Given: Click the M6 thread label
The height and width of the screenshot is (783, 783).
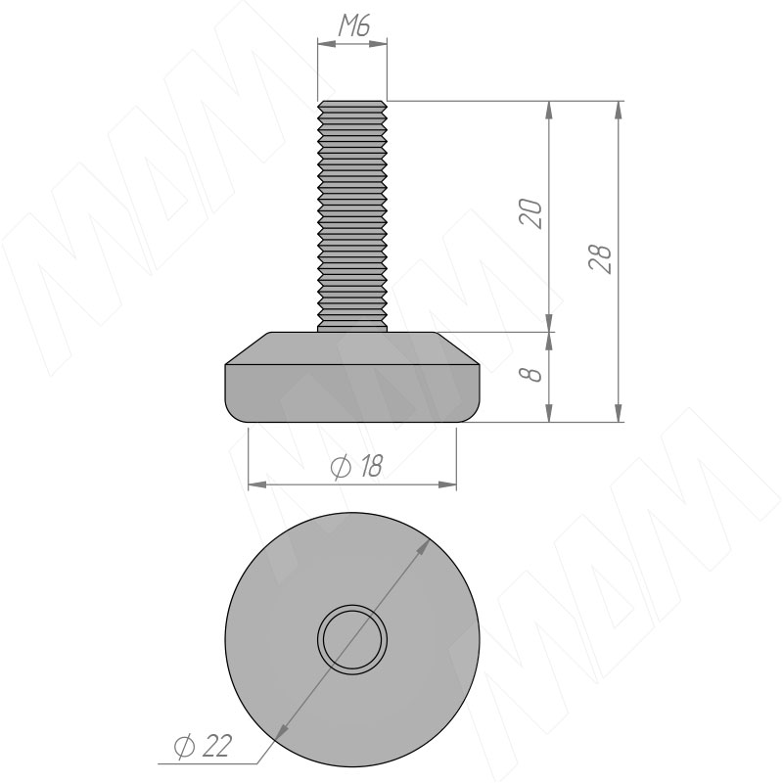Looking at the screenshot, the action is point(354,26).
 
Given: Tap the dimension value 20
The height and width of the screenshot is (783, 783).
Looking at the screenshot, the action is point(530,213).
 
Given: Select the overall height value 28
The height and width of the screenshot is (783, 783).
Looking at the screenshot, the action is point(600,258).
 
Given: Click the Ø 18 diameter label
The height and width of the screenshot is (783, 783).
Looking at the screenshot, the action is point(356,467).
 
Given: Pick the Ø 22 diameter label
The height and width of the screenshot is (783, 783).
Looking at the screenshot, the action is point(203,747).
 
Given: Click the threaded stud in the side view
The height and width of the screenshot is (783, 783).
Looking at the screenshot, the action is point(352,216).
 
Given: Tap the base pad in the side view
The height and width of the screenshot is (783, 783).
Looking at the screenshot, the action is point(352,378).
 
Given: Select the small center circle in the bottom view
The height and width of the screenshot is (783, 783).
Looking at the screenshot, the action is point(352,639).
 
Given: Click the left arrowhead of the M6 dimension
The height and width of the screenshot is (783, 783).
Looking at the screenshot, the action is point(327,44).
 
